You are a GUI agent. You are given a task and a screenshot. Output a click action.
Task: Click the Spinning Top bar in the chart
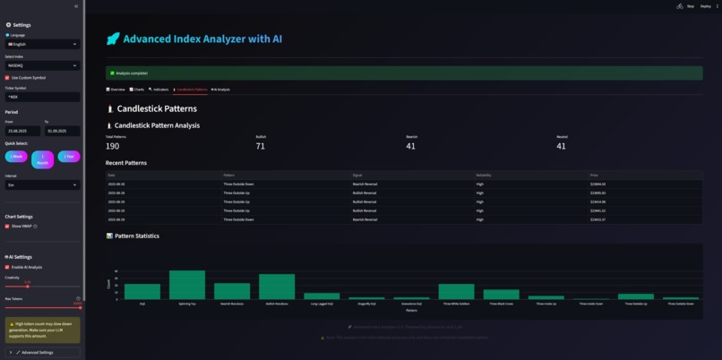point(187,285)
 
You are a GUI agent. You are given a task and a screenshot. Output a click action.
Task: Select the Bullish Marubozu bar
point(277,287)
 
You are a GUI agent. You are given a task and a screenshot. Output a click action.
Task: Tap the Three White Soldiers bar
point(456,291)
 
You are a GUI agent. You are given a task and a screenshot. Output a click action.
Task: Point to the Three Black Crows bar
point(501,294)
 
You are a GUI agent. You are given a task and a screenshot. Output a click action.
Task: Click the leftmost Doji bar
point(142,291)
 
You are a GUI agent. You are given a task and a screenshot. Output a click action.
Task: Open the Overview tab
point(116,90)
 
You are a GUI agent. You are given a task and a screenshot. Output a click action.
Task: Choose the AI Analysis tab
point(220,90)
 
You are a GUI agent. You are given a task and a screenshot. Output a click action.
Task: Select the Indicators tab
point(159,90)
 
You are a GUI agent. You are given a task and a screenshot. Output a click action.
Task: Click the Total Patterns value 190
point(112,146)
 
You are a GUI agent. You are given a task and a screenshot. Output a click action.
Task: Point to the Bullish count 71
point(260,146)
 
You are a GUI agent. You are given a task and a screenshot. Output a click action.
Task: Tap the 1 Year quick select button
point(69,157)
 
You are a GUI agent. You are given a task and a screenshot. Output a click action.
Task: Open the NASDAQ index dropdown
point(41,65)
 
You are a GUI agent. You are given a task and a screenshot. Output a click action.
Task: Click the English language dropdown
point(41,44)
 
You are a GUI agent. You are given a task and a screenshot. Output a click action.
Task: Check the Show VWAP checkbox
point(7,227)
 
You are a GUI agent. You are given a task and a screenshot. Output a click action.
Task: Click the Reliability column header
point(484,175)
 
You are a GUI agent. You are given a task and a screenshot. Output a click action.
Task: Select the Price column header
point(593,175)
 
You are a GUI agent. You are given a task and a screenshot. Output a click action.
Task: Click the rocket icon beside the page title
point(112,39)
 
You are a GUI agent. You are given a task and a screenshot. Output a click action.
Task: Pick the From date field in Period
point(21,131)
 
